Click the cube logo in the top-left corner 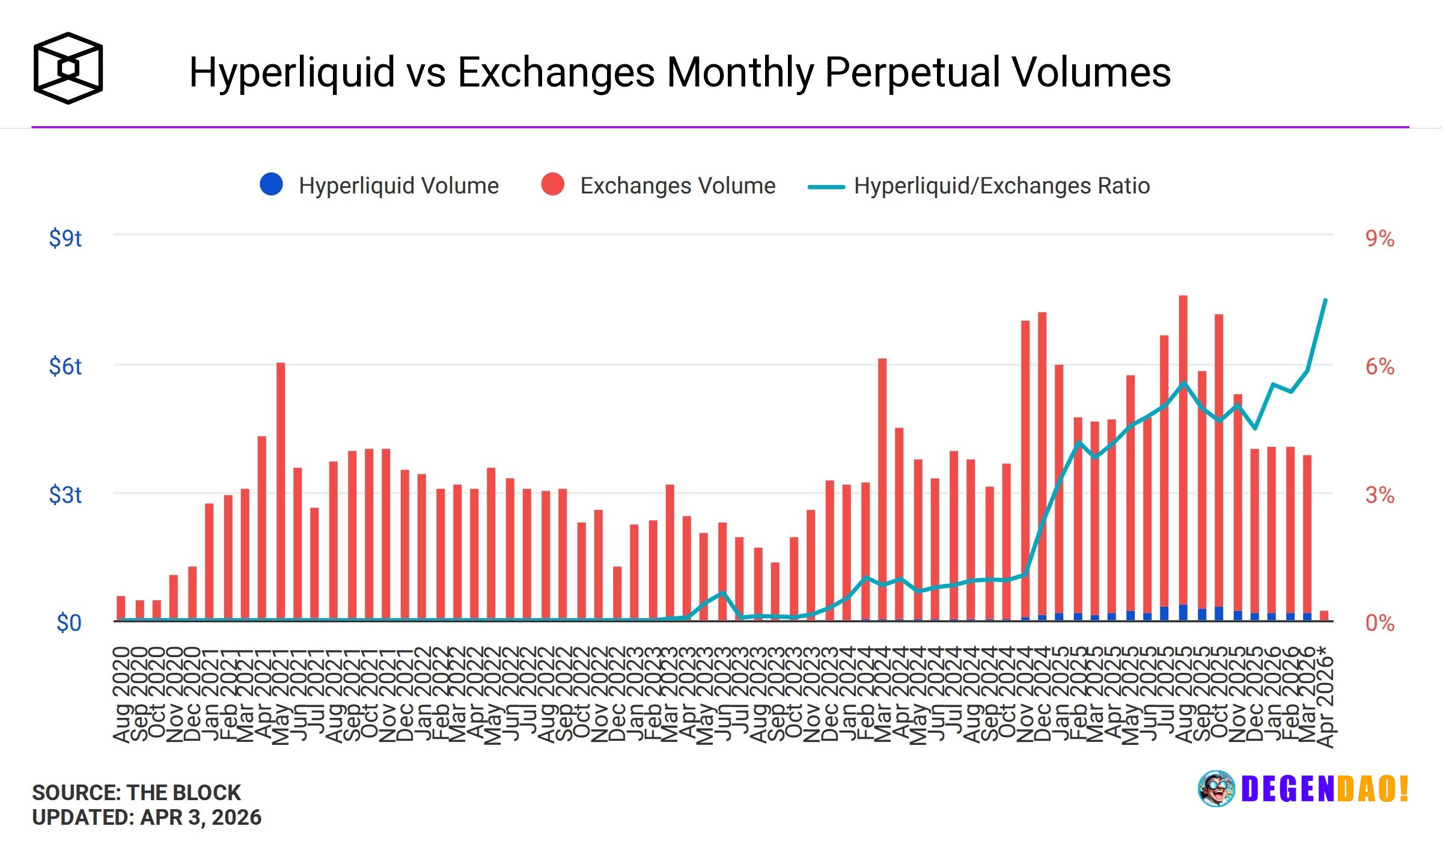(x=68, y=68)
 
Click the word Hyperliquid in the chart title (x=292, y=72)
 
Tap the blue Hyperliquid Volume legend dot (x=271, y=184)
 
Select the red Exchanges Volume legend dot (x=552, y=184)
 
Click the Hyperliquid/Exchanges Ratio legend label (x=1001, y=186)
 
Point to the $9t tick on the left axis (x=65, y=238)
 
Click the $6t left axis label (x=65, y=366)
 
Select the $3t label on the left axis (x=65, y=495)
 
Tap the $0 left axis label (x=69, y=623)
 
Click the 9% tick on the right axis (x=1379, y=238)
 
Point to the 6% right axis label (x=1379, y=366)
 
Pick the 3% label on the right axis (x=1379, y=495)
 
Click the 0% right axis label (x=1379, y=623)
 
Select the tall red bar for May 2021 (x=281, y=493)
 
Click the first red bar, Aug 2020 (x=121, y=608)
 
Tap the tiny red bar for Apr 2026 (x=1324, y=616)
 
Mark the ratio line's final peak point (x=1325, y=300)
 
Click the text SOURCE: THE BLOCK (x=136, y=792)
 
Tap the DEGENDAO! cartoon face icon (x=1216, y=789)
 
